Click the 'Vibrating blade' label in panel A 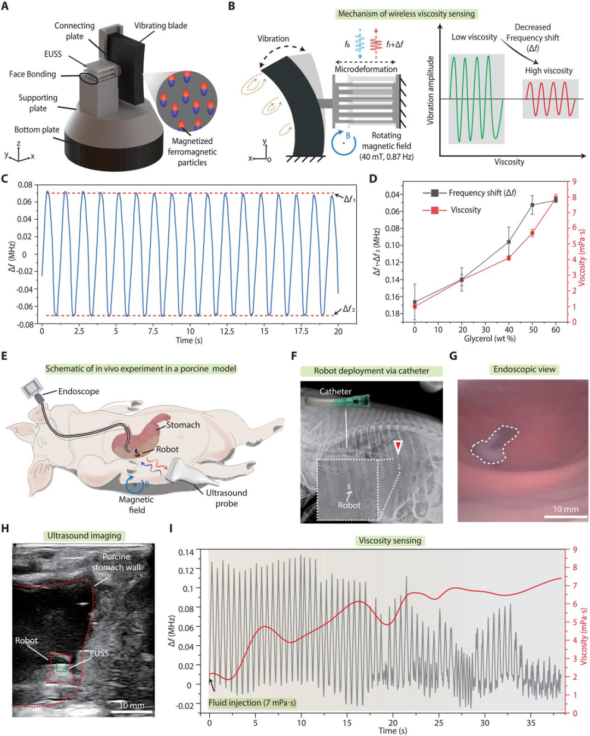(161, 26)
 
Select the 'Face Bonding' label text (32, 74)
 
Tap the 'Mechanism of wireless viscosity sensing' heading (406, 14)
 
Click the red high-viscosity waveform (550, 99)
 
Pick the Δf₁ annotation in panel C (349, 198)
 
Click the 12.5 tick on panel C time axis (227, 331)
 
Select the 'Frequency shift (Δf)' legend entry (482, 192)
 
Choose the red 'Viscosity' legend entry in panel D (465, 210)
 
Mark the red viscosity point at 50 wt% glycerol (532, 233)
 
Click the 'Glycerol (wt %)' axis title (489, 338)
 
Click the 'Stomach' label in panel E (182, 425)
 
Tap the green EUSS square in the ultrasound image (61, 668)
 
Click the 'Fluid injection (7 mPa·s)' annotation (252, 703)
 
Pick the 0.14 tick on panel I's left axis (186, 552)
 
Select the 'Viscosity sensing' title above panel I (390, 541)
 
